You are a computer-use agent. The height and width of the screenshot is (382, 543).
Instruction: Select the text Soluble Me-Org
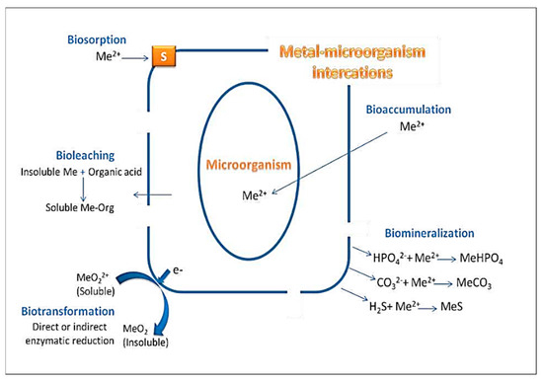coord(80,208)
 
